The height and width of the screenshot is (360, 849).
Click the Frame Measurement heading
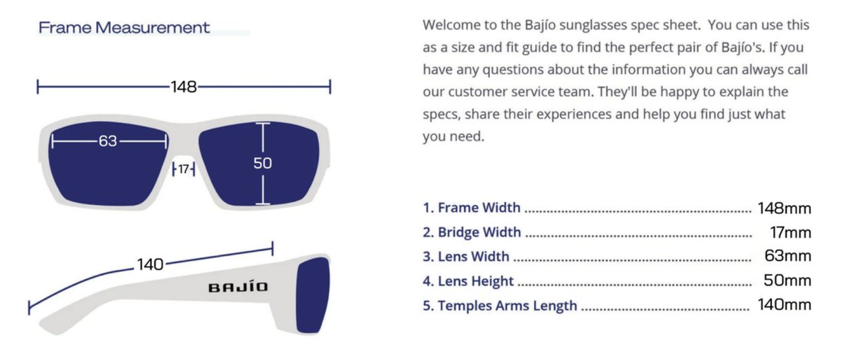tap(124, 27)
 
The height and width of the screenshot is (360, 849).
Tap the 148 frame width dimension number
tap(184, 87)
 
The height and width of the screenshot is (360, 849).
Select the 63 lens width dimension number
tap(108, 141)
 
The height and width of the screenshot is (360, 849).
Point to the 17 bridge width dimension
tap(184, 169)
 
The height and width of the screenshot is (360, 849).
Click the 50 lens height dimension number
tap(263, 163)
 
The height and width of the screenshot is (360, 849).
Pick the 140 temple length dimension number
tap(150, 264)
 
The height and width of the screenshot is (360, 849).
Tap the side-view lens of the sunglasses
tap(312, 295)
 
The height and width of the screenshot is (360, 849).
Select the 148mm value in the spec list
tap(784, 208)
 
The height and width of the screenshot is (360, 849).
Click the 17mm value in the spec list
tap(791, 232)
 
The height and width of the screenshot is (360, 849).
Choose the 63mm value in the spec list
tap(788, 256)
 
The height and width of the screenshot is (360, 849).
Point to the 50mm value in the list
tap(788, 280)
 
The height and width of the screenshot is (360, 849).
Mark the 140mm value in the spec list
tap(784, 304)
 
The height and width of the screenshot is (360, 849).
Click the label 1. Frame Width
tap(471, 207)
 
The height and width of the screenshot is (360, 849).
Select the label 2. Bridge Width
tap(472, 232)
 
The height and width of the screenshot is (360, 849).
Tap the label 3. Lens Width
tap(466, 257)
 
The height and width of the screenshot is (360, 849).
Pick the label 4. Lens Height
tap(468, 281)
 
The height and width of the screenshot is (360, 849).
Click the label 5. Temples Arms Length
tap(500, 306)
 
